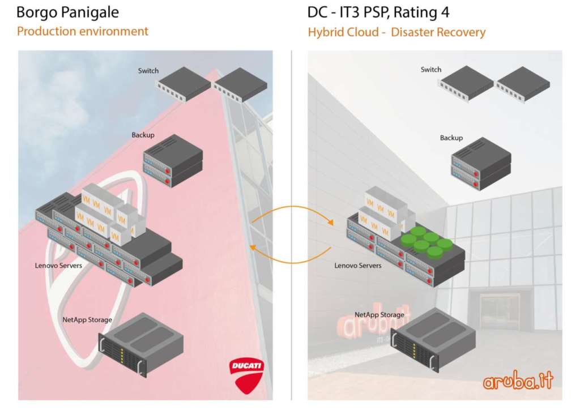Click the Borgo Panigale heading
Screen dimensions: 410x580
(x=68, y=12)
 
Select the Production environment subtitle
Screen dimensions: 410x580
(x=83, y=31)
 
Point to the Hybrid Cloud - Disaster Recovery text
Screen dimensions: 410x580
(x=396, y=32)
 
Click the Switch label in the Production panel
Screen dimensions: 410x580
(x=148, y=71)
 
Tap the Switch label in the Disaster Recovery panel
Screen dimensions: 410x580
(x=430, y=70)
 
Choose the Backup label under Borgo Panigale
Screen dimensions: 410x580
(x=143, y=135)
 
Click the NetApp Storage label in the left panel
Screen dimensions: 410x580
(x=87, y=320)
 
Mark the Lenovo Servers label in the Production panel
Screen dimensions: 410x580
(x=58, y=265)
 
